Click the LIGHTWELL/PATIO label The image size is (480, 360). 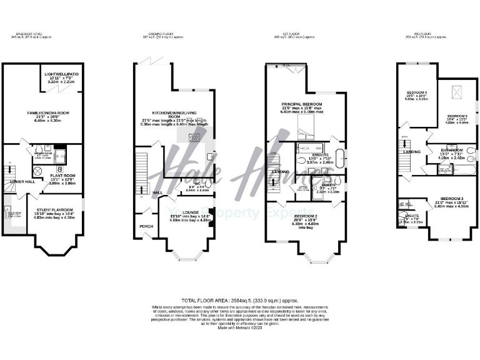tap(60, 74)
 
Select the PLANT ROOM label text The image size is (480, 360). tap(62, 176)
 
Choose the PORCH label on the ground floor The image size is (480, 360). tap(146, 226)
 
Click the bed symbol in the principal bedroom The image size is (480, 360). tap(306, 128)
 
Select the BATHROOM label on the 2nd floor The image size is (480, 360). tap(451, 151)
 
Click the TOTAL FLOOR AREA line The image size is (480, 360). tap(239, 301)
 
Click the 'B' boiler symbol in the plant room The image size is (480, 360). tap(59, 168)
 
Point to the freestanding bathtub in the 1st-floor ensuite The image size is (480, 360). tap(341, 156)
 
